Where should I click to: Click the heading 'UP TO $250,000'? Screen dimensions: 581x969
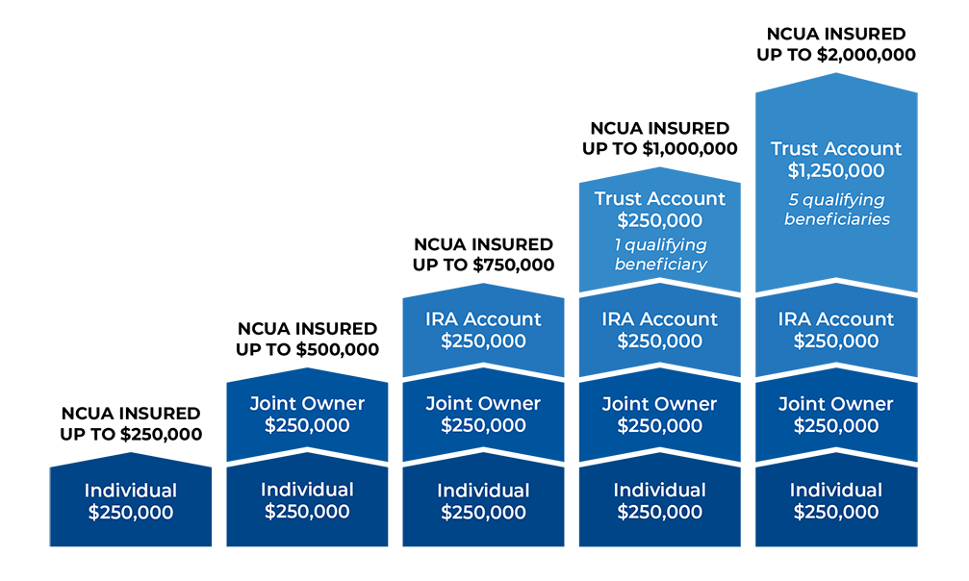(131, 435)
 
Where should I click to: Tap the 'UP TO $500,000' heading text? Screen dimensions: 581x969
(307, 350)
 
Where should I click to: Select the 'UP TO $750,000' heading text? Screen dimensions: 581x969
(483, 265)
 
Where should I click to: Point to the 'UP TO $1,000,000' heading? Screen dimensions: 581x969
(660, 149)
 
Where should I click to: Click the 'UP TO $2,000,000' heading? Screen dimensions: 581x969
(836, 55)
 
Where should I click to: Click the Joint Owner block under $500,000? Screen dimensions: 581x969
(307, 415)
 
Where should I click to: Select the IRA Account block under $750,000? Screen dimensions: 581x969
(483, 330)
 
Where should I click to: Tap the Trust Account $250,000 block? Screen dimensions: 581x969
(660, 210)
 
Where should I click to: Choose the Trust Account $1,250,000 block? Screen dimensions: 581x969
(836, 160)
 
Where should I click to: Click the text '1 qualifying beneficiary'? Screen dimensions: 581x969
(660, 255)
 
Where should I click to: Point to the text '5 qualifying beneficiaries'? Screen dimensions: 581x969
(836, 210)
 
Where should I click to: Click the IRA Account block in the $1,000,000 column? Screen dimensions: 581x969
(660, 330)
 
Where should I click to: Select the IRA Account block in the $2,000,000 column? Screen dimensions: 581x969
(836, 330)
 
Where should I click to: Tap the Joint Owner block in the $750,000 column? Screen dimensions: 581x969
(483, 415)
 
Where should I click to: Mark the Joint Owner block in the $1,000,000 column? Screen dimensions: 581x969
(660, 415)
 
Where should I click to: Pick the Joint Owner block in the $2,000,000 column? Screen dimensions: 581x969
(836, 415)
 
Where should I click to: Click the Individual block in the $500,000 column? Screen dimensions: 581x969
(307, 501)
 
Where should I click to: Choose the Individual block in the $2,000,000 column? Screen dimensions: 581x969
(836, 501)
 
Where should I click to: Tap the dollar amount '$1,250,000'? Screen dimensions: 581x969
(836, 172)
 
